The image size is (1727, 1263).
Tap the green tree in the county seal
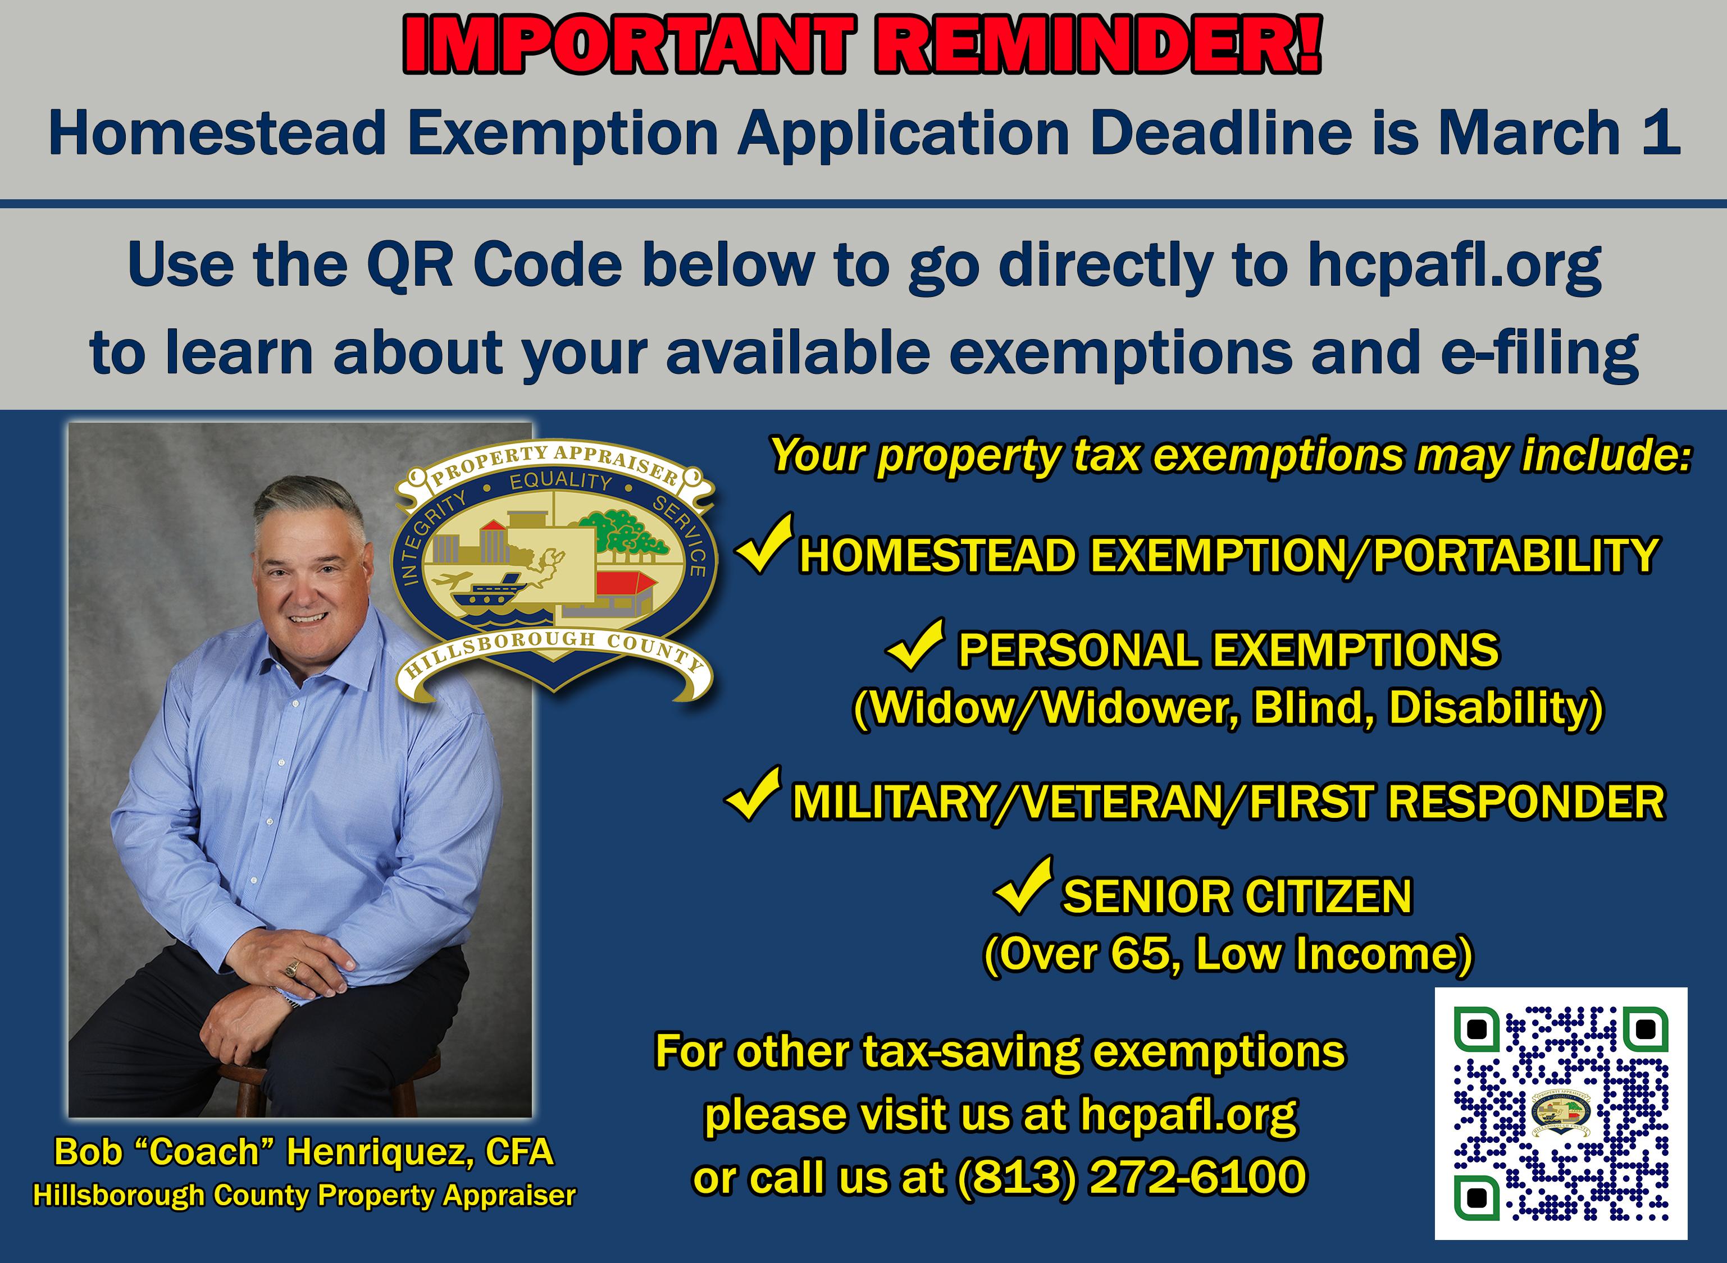pos(623,530)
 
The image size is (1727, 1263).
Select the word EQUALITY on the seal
pos(561,482)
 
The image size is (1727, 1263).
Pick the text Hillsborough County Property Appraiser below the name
pos(304,1195)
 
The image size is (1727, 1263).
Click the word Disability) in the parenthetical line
pos(1495,708)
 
